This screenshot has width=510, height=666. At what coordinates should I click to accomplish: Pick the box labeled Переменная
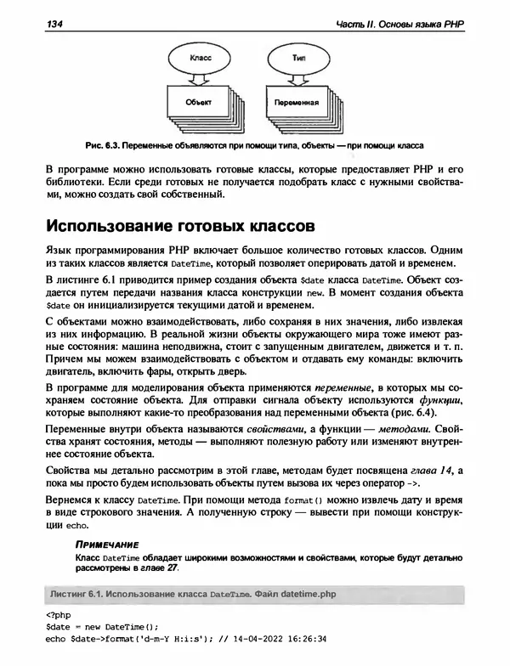294,103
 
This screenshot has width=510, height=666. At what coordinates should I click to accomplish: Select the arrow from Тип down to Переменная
297,78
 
